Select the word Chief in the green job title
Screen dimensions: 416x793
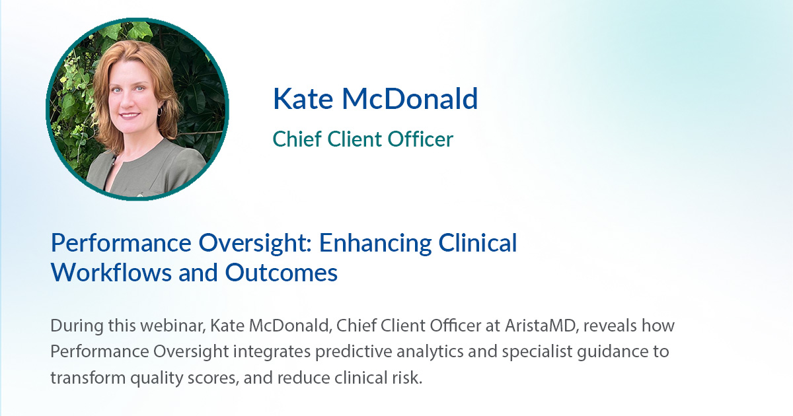tap(293, 139)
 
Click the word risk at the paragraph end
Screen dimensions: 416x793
tap(406, 377)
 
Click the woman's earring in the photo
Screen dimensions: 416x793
tap(159, 112)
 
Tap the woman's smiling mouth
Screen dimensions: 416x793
tap(130, 114)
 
